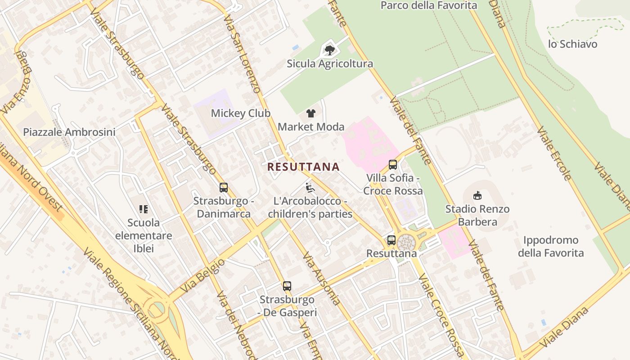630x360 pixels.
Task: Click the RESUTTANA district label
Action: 303,167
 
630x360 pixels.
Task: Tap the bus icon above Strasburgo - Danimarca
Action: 224,188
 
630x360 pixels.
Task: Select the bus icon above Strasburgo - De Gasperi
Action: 287,286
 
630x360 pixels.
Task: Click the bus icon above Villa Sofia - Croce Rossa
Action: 393,165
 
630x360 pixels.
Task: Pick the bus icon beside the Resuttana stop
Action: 391,240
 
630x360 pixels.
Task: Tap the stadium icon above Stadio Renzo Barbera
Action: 477,196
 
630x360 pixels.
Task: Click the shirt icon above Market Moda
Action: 311,113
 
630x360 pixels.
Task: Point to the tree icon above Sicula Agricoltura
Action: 330,50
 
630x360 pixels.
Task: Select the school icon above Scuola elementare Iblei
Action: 144,209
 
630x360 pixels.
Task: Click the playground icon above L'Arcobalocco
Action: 310,188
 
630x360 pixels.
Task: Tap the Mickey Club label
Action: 241,113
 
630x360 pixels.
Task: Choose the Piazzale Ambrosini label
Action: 69,132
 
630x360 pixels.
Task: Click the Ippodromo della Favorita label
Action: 551,247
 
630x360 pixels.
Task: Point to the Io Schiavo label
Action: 572,44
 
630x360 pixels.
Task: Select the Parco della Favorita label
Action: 428,6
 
